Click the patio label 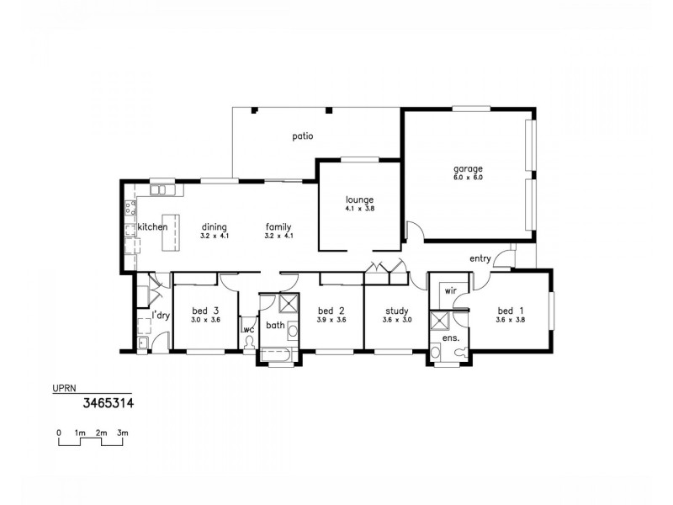pyautogui.click(x=303, y=136)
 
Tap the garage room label pyautogui.click(x=468, y=168)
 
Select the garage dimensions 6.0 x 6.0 pyautogui.click(x=468, y=178)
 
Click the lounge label pyautogui.click(x=359, y=199)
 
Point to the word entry pyautogui.click(x=480, y=258)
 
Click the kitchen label pyautogui.click(x=153, y=227)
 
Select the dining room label pyautogui.click(x=215, y=227)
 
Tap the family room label pyautogui.click(x=278, y=227)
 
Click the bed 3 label pyautogui.click(x=204, y=311)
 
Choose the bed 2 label pyautogui.click(x=331, y=311)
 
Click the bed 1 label pyautogui.click(x=510, y=311)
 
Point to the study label pyautogui.click(x=396, y=311)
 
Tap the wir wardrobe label pyautogui.click(x=450, y=290)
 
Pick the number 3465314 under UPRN pyautogui.click(x=109, y=403)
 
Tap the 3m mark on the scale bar pyautogui.click(x=123, y=433)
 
